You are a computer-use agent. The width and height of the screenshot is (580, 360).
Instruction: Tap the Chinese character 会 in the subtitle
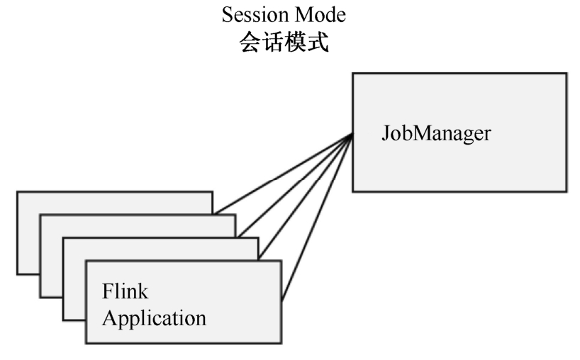249,42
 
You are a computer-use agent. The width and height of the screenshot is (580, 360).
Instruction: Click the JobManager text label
436,133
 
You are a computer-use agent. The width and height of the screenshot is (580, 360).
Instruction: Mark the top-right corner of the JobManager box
566,74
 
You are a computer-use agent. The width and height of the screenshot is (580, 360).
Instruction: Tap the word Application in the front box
154,317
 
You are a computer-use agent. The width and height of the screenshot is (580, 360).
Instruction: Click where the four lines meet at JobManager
352,135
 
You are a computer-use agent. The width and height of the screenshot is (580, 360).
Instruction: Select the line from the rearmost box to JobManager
284,174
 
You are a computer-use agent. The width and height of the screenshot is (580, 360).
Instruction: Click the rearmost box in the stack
28,234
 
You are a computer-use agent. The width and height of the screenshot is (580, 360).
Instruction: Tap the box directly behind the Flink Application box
74,283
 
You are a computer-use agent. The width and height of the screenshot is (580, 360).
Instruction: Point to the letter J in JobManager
384,133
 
